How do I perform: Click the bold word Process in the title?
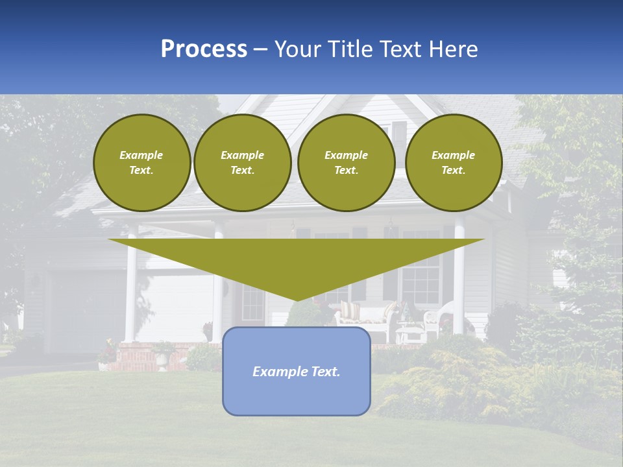pos(204,49)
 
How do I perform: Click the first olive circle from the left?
pos(141,163)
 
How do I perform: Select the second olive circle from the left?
pos(242,163)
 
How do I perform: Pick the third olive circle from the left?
pos(346,163)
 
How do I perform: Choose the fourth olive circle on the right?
pos(453,163)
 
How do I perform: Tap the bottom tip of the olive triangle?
pos(296,299)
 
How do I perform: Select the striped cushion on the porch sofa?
pos(350,311)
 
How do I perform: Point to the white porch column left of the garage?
pos(130,285)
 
